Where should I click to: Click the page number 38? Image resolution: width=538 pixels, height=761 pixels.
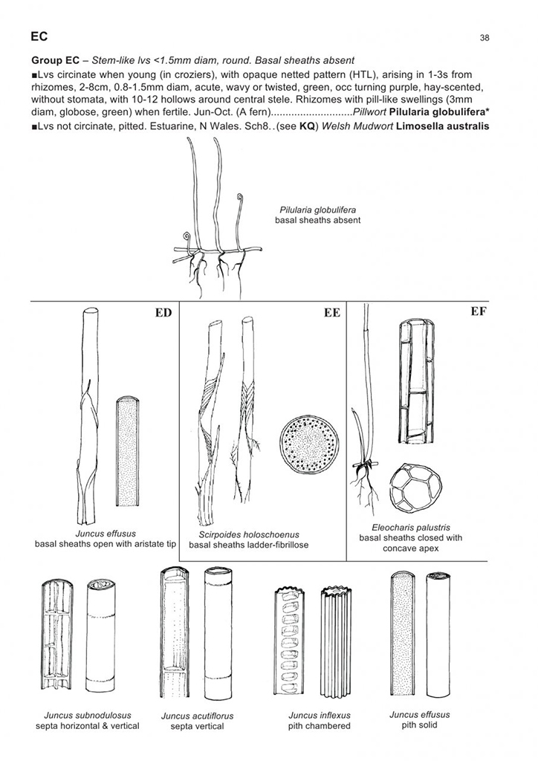click(x=484, y=37)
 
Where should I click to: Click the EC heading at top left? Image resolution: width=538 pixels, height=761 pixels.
click(x=40, y=36)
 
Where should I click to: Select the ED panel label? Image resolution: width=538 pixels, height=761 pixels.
click(x=163, y=313)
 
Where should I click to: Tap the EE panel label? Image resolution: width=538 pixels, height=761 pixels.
click(x=331, y=313)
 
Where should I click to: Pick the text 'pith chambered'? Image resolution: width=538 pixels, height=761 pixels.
click(x=319, y=726)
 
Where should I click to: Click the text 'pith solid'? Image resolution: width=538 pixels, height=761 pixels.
click(x=419, y=725)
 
